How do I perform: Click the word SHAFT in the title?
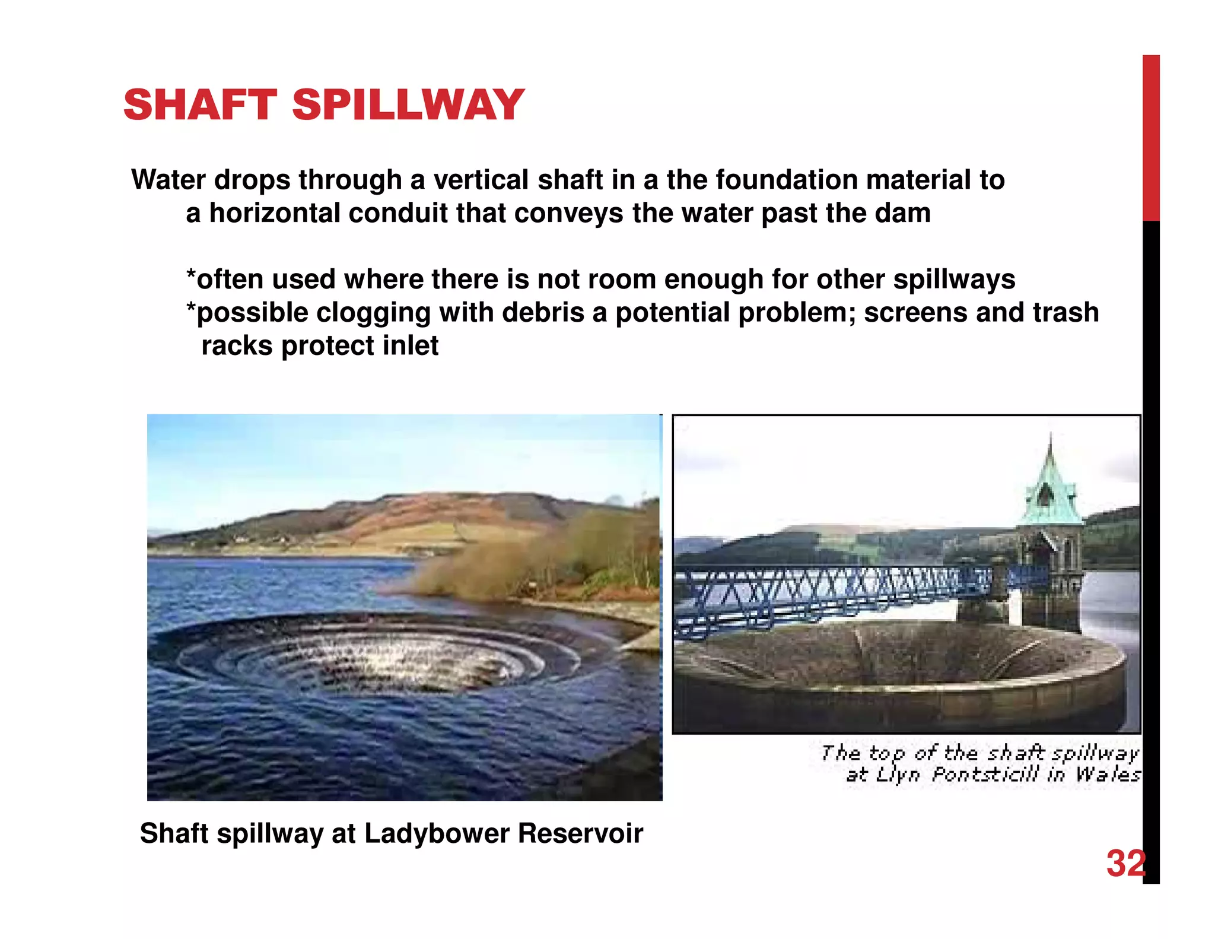pyautogui.click(x=200, y=105)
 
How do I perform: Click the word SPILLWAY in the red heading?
pyautogui.click(x=408, y=105)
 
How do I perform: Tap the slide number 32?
pyautogui.click(x=1125, y=864)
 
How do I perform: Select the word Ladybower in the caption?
pyautogui.click(x=437, y=833)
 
